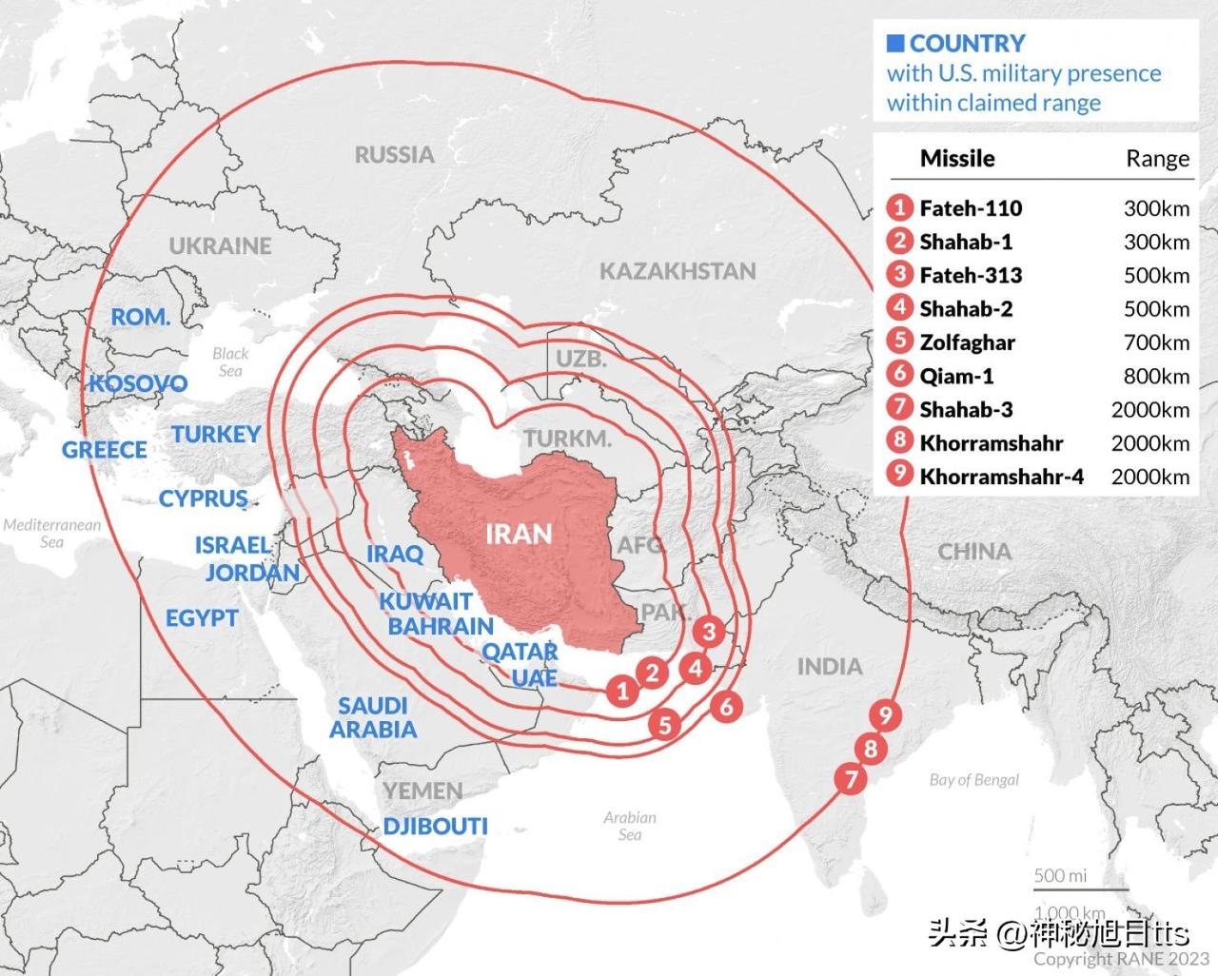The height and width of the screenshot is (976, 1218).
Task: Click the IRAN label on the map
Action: click(519, 534)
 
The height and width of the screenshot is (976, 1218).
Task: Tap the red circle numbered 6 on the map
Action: click(727, 706)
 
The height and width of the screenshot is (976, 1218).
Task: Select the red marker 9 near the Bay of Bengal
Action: click(886, 715)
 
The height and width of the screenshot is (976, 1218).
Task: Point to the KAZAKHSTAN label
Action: click(678, 271)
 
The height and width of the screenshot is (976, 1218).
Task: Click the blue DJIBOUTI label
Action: click(436, 826)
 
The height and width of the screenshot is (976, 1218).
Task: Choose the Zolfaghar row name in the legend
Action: click(967, 342)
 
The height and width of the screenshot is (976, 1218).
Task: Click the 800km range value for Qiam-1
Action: click(1156, 377)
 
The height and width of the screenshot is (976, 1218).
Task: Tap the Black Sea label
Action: click(230, 361)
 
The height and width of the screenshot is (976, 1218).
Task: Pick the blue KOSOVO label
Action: click(139, 383)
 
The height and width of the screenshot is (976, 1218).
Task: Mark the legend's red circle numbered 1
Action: click(899, 207)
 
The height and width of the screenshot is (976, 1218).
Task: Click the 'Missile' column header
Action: click(957, 159)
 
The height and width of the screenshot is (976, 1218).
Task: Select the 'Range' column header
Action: click(1157, 159)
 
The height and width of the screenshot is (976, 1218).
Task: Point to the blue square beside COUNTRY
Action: click(894, 43)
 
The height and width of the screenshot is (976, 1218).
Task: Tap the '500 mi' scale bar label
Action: click(1060, 875)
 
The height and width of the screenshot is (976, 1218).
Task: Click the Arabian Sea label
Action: click(630, 826)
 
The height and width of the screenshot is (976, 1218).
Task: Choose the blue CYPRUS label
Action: click(203, 498)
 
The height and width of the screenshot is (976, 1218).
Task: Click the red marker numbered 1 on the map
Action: click(623, 690)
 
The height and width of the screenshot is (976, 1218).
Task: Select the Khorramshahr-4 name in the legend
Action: click(1001, 477)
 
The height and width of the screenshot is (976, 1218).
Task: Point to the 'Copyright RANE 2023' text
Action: click(1121, 959)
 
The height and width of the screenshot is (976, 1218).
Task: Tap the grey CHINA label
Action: click(974, 552)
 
